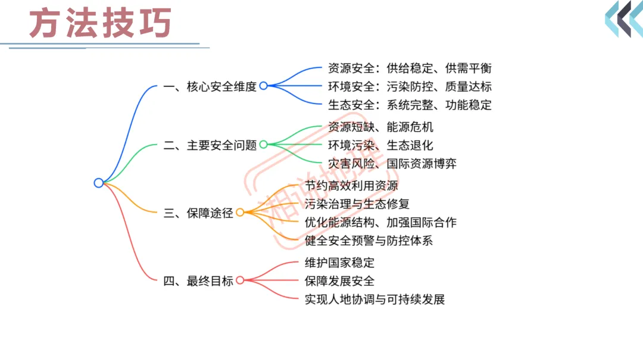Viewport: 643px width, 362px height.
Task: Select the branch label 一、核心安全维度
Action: pyautogui.click(x=210, y=86)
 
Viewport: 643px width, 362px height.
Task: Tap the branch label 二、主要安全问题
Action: pyautogui.click(x=210, y=145)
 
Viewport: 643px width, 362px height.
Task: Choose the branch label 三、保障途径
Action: pyautogui.click(x=198, y=213)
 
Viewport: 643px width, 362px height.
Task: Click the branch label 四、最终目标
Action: pyautogui.click(x=198, y=280)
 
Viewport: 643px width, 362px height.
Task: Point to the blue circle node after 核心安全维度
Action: pyautogui.click(x=263, y=86)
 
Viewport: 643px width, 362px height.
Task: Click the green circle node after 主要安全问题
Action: pyautogui.click(x=263, y=145)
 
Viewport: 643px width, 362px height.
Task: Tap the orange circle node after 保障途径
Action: pyautogui.click(x=240, y=213)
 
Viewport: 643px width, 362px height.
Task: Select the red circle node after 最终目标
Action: pyautogui.click(x=240, y=280)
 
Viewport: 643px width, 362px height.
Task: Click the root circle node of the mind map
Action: pyautogui.click(x=99, y=183)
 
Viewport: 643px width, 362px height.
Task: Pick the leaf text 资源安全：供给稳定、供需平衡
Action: pyautogui.click(x=410, y=68)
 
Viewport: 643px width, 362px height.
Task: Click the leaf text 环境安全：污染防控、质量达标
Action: pyautogui.click(x=410, y=86)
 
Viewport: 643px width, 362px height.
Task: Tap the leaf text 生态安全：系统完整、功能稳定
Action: pyautogui.click(x=410, y=105)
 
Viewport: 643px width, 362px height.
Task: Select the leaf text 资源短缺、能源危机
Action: pyautogui.click(x=380, y=126)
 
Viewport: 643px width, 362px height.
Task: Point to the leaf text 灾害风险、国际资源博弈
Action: pyautogui.click(x=392, y=163)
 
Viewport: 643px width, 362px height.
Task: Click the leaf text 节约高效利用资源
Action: pyautogui.click(x=351, y=185)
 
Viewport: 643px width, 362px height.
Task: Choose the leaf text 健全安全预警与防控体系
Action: pyautogui.click(x=369, y=241)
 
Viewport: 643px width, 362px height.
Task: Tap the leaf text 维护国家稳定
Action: pyautogui.click(x=339, y=262)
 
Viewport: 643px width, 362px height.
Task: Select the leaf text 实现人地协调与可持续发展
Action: pyautogui.click(x=374, y=299)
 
